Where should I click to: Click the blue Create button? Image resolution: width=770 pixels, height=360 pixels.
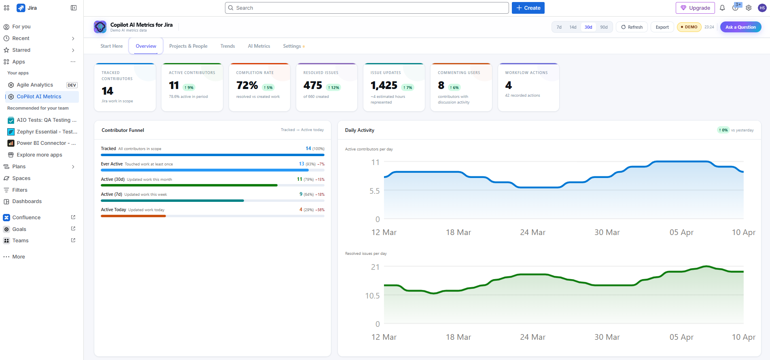click(x=528, y=8)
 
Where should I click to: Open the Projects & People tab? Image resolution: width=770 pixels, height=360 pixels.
click(x=188, y=46)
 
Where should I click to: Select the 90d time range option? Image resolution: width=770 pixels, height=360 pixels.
click(x=604, y=27)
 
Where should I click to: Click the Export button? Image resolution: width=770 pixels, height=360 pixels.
click(x=662, y=27)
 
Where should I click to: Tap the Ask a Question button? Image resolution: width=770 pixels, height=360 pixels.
click(x=740, y=27)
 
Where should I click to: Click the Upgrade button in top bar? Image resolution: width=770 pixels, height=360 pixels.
click(x=695, y=8)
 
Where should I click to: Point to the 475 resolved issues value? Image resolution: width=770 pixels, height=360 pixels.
click(x=313, y=85)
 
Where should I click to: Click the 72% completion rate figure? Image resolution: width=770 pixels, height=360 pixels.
click(x=247, y=85)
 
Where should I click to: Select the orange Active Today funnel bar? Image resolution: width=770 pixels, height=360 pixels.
click(x=133, y=216)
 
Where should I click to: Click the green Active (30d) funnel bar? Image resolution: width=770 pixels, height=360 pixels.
click(x=189, y=185)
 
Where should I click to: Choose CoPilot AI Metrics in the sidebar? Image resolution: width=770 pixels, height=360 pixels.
click(x=39, y=97)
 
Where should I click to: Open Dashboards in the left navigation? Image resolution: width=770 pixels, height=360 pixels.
click(x=27, y=201)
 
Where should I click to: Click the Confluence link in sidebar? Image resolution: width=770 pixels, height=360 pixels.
click(x=26, y=218)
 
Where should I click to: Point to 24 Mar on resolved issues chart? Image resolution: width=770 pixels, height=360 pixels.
click(x=532, y=337)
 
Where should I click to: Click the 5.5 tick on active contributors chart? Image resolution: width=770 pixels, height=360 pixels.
click(x=374, y=191)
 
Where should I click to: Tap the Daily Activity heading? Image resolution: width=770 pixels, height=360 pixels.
click(x=359, y=130)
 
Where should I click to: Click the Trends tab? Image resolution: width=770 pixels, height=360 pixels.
click(x=227, y=46)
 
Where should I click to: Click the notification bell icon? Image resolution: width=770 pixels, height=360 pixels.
click(x=722, y=8)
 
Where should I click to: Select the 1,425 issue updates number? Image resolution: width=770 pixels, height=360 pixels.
click(x=384, y=85)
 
